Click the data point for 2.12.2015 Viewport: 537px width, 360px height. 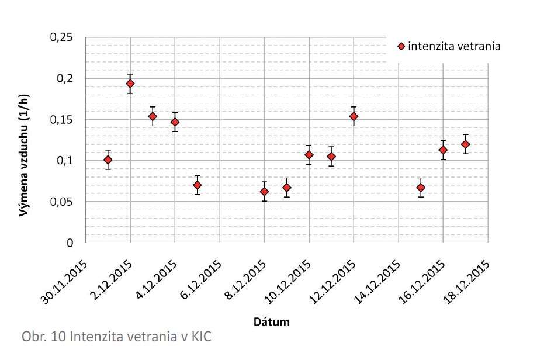click(x=130, y=84)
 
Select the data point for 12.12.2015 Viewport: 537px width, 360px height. click(x=354, y=116)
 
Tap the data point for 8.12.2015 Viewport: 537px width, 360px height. click(x=264, y=192)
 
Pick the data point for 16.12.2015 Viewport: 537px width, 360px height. click(x=443, y=150)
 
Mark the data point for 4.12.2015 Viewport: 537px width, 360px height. click(x=175, y=122)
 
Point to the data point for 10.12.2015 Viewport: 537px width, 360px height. click(x=309, y=155)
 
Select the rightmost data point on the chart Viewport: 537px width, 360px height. click(x=466, y=144)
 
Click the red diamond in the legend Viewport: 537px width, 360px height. click(x=400, y=46)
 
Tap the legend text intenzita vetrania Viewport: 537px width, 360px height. click(x=454, y=46)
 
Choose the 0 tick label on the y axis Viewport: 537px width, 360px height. click(x=70, y=243)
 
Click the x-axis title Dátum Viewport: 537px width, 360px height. click(x=272, y=321)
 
